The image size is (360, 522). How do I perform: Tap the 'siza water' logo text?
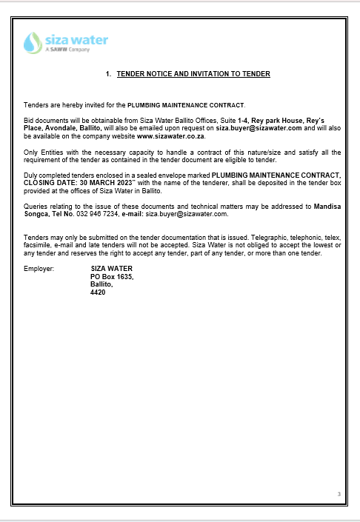76,39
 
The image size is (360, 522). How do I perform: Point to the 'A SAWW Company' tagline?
67,50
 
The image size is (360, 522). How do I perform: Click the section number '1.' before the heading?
108,74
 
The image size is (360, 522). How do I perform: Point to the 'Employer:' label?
39,270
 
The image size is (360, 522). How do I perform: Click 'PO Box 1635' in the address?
112,278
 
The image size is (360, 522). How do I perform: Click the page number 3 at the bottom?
339,495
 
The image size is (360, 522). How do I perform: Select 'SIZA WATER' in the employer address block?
111,270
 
